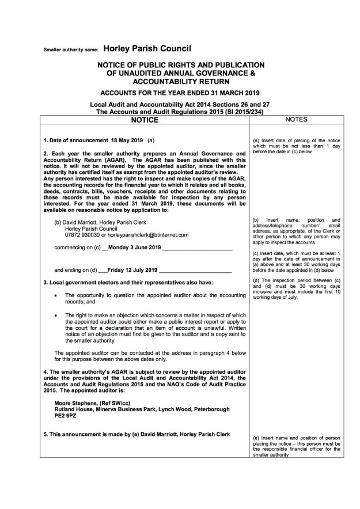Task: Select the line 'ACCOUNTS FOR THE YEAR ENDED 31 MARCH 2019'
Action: (180, 93)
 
